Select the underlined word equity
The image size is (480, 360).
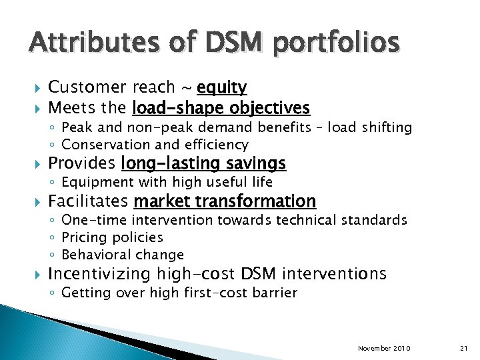click(223, 87)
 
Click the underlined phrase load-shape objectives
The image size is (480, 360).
click(221, 107)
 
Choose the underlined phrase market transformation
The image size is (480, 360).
click(225, 201)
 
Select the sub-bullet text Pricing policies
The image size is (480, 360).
click(112, 237)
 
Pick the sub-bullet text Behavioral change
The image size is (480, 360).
click(122, 255)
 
